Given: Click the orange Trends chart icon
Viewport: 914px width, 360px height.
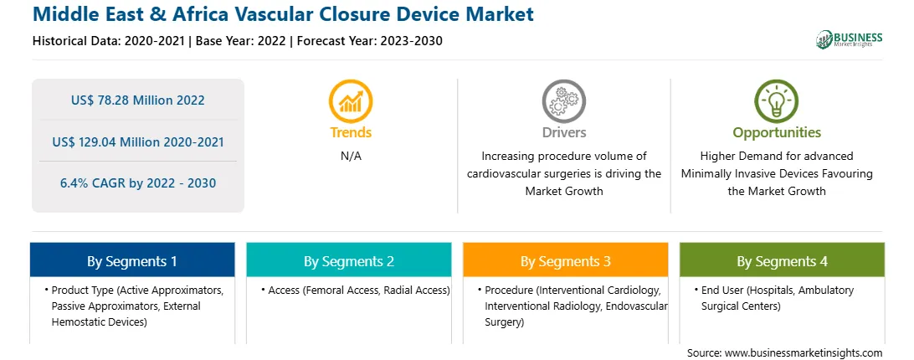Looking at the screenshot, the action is (x=351, y=101).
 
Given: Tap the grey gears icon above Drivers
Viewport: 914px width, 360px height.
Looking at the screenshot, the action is (x=563, y=101).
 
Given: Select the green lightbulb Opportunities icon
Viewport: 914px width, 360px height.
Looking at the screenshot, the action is (x=777, y=101).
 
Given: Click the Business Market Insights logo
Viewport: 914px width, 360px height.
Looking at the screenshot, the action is (x=850, y=39).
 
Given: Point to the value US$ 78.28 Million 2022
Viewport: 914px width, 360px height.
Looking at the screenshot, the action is (x=137, y=100).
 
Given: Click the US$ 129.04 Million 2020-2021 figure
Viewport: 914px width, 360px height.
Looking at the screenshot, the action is (x=137, y=141).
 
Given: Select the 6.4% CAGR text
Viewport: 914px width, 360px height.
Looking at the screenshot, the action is (x=137, y=183).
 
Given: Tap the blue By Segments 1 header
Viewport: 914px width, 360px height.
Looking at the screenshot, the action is (x=132, y=260).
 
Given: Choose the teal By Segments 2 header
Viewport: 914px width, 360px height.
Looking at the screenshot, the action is (x=348, y=260).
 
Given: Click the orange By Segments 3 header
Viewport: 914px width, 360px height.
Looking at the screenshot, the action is (x=566, y=260).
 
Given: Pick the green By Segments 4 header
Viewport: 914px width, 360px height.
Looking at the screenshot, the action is (x=782, y=260).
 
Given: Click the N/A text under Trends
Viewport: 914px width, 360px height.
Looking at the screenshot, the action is (x=351, y=157).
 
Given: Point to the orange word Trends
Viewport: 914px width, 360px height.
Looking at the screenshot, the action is (x=351, y=132).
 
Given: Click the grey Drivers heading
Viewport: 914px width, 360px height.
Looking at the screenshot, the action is (x=564, y=132).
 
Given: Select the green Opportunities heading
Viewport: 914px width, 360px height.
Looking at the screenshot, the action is (x=777, y=133).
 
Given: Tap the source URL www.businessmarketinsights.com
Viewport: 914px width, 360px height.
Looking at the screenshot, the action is (x=804, y=353).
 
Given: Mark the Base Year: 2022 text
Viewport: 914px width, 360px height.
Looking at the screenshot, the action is (x=241, y=41).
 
